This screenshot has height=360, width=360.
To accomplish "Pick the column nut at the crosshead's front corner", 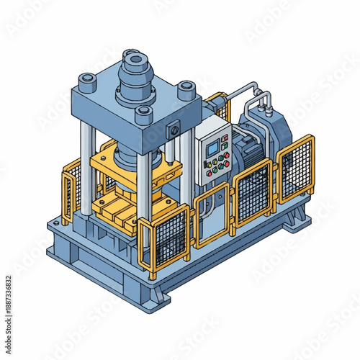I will (144, 113).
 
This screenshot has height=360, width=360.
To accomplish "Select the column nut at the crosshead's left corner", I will (86, 81).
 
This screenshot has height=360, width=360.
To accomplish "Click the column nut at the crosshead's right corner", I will (186, 90).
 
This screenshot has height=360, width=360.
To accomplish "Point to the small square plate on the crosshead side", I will (174, 131).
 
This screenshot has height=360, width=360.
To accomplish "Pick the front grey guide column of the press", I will (143, 194).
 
